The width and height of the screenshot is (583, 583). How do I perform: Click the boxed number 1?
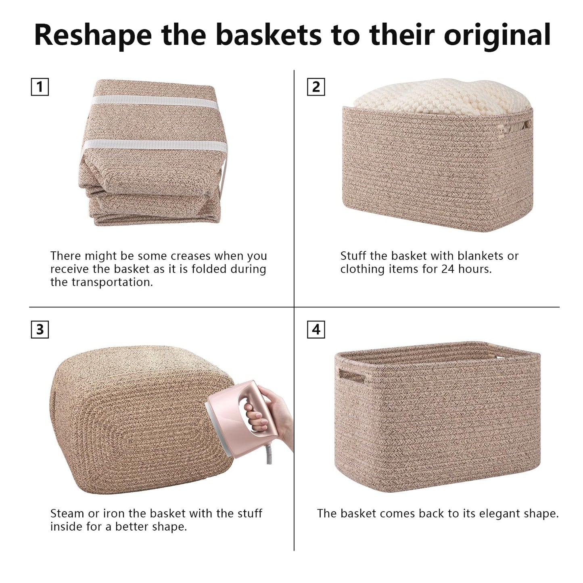pos(40,87)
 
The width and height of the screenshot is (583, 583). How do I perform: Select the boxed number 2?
pos(316,87)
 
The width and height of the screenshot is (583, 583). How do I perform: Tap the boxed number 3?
pos(40,330)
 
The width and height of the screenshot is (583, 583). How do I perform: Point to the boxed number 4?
pos(316,330)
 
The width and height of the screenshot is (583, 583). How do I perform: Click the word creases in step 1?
pos(190,256)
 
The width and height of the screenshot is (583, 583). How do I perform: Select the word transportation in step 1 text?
pos(112,282)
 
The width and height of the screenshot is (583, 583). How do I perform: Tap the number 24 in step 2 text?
pos(448,269)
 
